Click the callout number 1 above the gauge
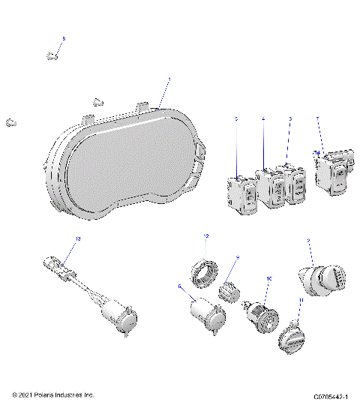(x=169, y=79)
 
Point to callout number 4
(x=263, y=119)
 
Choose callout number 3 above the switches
(x=290, y=119)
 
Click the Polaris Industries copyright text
(x=53, y=394)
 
